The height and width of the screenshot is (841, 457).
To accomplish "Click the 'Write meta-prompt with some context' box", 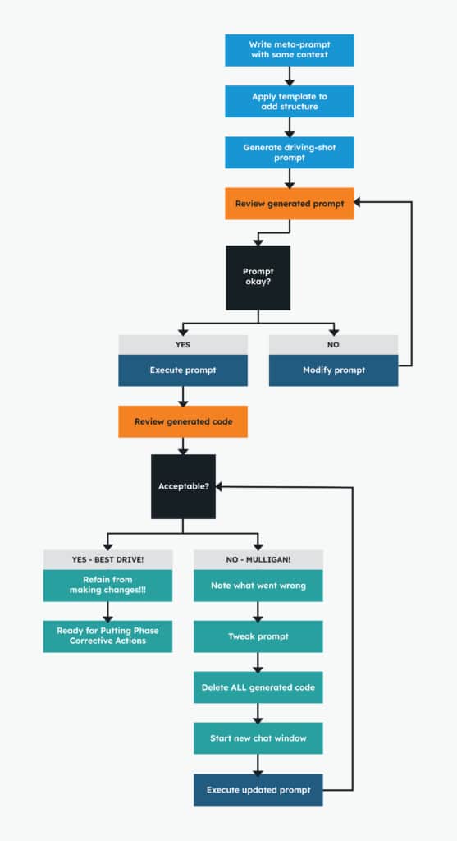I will coord(289,50).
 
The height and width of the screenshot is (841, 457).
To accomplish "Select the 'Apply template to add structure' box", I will coord(289,102).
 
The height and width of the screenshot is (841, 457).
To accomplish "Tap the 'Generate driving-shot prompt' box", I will coord(289,153).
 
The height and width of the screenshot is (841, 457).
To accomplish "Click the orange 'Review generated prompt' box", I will coord(289,204).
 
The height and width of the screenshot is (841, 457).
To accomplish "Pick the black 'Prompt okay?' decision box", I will coord(258,278).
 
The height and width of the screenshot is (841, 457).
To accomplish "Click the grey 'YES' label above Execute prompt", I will coord(182,345).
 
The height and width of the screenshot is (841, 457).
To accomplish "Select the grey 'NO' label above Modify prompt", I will coord(333,345).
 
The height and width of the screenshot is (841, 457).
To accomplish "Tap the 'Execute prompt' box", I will coord(182,370).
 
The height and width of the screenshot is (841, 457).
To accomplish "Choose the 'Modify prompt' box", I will coord(333,370).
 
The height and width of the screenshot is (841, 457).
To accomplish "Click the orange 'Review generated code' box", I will coord(182,421).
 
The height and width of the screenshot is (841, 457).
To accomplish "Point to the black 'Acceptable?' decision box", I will coord(183,486).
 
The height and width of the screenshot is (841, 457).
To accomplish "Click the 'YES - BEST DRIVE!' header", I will coord(107,559).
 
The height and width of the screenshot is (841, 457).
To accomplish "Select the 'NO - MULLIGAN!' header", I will coord(258,559).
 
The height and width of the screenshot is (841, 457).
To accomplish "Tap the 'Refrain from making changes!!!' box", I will coord(107,586).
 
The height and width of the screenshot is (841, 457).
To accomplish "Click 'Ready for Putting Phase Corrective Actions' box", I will coord(107,636).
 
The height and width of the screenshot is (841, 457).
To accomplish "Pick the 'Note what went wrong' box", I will coord(258,586).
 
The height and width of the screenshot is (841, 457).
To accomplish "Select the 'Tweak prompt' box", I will coord(258,636).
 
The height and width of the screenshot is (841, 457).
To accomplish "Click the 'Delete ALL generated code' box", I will coord(258,687).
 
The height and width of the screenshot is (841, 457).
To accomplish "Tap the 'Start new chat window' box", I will coord(258,738).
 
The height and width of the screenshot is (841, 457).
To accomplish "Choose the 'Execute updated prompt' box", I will coord(258,789).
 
